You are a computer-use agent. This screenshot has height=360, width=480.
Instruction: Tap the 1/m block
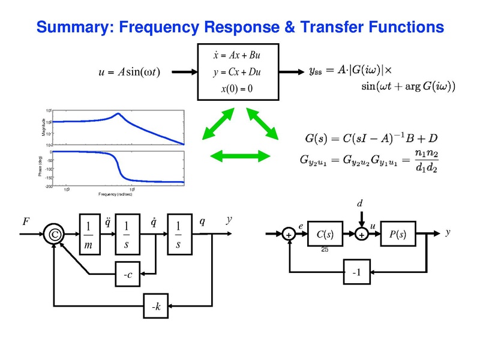click(x=89, y=235)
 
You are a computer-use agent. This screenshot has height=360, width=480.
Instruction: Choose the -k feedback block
click(x=155, y=307)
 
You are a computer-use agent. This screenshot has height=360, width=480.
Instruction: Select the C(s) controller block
click(x=325, y=235)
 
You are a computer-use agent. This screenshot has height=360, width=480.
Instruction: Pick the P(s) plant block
click(x=397, y=235)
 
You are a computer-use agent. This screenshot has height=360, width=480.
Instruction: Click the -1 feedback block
click(x=357, y=272)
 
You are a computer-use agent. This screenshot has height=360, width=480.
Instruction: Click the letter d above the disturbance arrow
click(x=360, y=203)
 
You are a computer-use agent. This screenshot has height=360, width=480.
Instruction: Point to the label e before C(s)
click(x=301, y=226)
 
